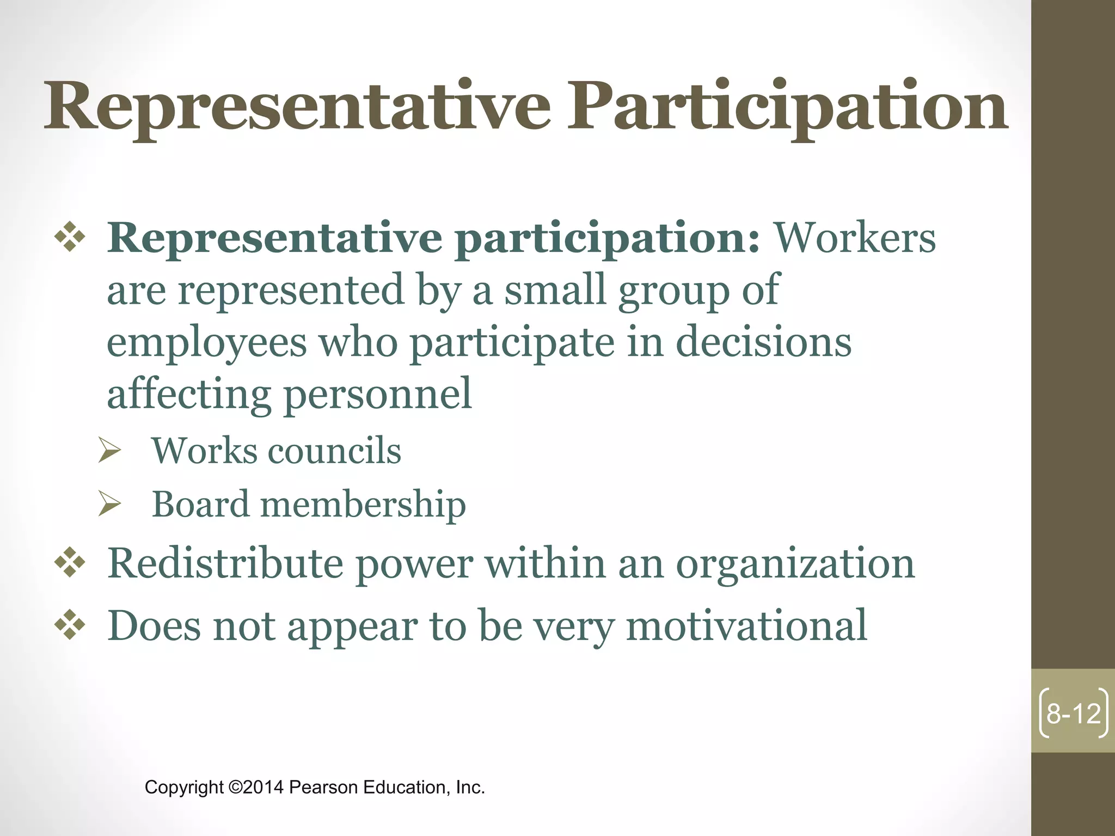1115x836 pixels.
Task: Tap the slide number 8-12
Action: (1074, 713)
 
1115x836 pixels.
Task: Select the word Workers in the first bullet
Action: (855, 238)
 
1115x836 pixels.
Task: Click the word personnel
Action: (378, 394)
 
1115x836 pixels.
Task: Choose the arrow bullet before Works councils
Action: (109, 451)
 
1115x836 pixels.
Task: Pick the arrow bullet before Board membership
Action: (109, 504)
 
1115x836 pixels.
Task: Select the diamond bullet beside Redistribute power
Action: (70, 564)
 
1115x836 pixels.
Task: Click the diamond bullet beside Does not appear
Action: (70, 626)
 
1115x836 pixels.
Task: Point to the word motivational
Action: (746, 626)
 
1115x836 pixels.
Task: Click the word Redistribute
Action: (225, 564)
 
